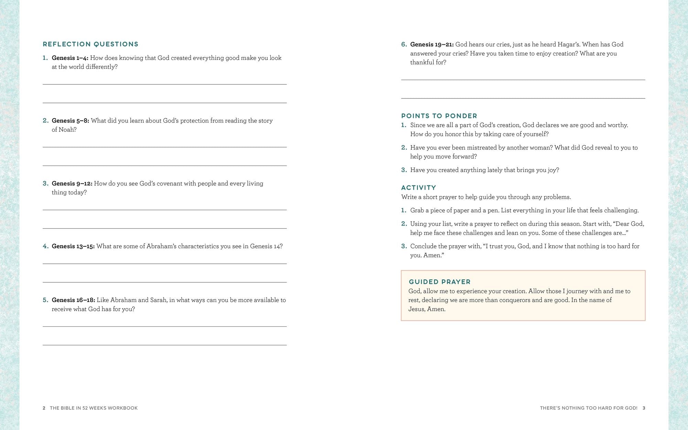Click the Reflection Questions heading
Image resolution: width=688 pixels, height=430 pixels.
click(90, 44)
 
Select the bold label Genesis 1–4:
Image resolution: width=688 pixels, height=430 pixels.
click(70, 58)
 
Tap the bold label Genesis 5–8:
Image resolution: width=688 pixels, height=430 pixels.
click(70, 121)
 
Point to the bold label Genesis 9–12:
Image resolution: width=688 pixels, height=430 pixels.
click(72, 184)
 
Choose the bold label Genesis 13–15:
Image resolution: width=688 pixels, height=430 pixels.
click(73, 246)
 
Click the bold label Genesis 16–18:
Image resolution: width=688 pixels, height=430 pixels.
click(73, 300)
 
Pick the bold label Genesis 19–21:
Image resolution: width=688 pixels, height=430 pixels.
click(432, 45)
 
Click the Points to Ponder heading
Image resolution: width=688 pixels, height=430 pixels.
click(439, 116)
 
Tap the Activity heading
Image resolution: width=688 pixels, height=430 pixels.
click(418, 187)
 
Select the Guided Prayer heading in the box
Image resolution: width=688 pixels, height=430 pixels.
click(439, 282)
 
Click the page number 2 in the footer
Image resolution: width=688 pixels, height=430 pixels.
click(44, 408)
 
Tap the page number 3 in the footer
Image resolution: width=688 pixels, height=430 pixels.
click(644, 408)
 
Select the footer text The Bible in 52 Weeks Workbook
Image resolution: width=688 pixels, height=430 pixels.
click(94, 408)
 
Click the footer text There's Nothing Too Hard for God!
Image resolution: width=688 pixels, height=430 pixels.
click(588, 408)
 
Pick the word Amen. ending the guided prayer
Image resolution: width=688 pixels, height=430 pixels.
click(436, 309)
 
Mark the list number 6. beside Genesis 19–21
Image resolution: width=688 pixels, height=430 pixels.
click(404, 44)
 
